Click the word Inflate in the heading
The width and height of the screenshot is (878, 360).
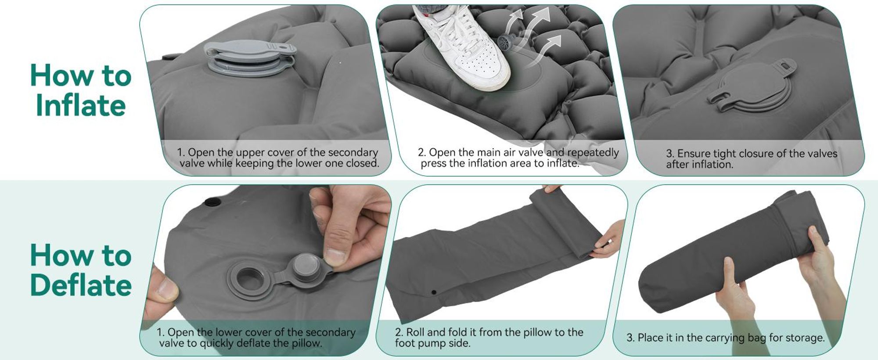(81, 105)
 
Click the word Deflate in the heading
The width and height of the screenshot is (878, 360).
(81, 285)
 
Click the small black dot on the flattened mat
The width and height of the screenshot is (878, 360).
(434, 292)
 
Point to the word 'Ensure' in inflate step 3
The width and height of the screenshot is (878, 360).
(693, 153)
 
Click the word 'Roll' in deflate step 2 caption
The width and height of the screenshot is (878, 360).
(415, 332)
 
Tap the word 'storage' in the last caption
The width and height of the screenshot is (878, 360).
(804, 338)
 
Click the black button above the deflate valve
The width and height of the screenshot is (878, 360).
(213, 202)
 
